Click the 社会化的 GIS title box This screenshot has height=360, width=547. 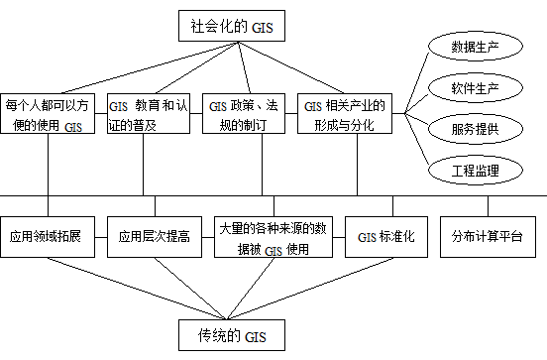click(x=231, y=26)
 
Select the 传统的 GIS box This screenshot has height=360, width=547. click(x=231, y=334)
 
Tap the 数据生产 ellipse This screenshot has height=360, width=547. click(x=474, y=47)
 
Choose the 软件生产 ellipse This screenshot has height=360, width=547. click(x=474, y=88)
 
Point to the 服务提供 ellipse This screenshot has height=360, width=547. click(x=474, y=129)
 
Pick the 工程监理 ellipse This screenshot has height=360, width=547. click(x=474, y=171)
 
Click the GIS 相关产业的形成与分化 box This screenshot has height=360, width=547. click(x=344, y=114)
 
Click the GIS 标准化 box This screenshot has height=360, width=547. click(x=385, y=238)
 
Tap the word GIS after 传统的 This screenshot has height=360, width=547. click(x=255, y=335)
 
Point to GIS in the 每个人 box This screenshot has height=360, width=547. click(x=72, y=127)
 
